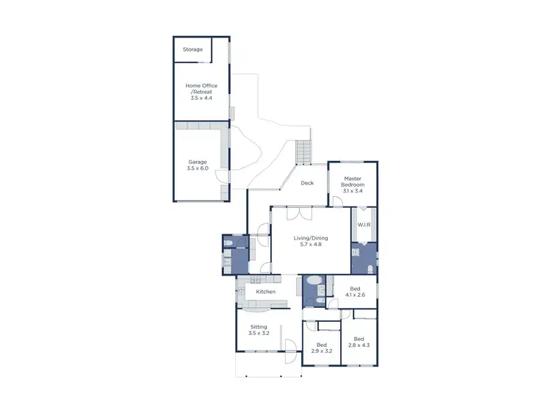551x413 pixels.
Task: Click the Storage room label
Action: coord(192,49)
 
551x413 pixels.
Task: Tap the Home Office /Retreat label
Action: coord(201,91)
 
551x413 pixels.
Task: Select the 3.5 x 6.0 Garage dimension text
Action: coord(198,168)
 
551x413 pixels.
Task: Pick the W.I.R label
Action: coord(363,224)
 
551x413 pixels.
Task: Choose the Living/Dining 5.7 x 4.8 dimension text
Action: coord(311,244)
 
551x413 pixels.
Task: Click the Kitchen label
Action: coord(265,292)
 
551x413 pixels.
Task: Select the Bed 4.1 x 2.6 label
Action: coord(355,292)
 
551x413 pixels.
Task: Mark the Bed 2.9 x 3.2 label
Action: coord(322,348)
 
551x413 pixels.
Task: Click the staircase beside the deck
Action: coord(303,153)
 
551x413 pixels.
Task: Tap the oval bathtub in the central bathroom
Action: coord(312,281)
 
